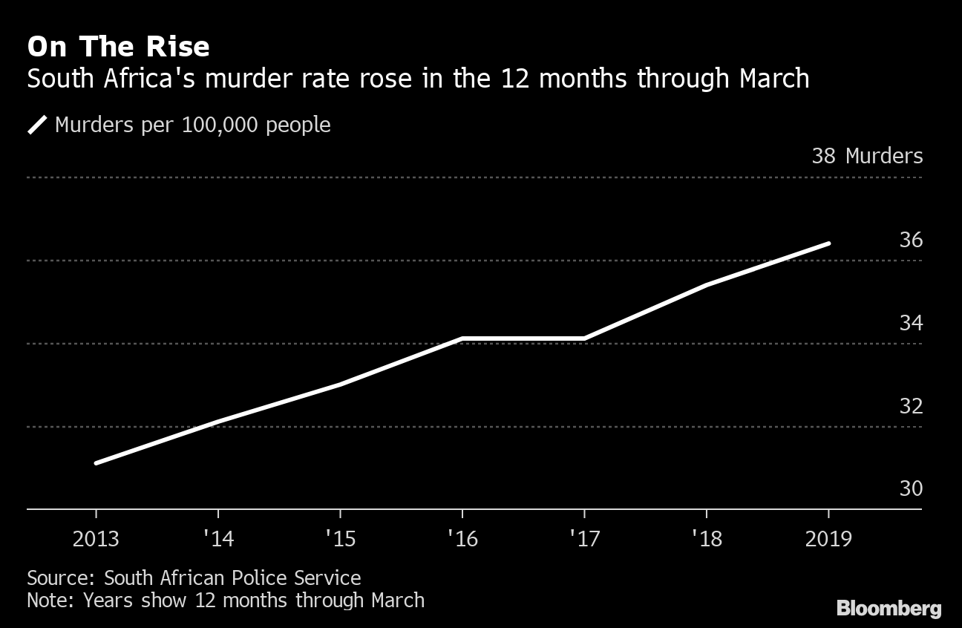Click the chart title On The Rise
(118, 47)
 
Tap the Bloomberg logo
(889, 609)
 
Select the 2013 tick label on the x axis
(96, 538)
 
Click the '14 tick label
(218, 538)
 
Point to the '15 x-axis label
(340, 538)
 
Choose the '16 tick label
(462, 538)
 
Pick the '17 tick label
(584, 538)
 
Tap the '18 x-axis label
(706, 538)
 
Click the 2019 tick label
(828, 538)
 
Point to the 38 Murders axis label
(867, 156)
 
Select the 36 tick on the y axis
(910, 240)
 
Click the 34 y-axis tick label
(910, 323)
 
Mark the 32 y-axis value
(910, 406)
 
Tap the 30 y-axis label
(910, 488)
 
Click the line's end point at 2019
(828, 243)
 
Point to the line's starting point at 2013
(96, 463)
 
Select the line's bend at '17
(584, 338)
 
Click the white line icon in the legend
(37, 125)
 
